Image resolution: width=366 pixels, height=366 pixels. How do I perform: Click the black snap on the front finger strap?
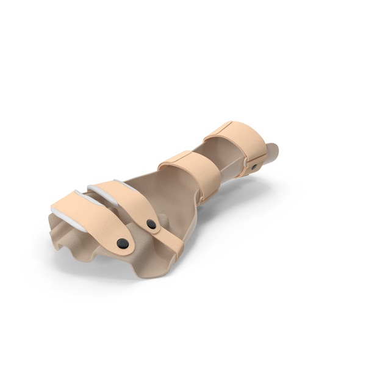tap(123, 243)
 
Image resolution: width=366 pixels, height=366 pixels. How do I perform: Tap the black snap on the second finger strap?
tap(151, 224)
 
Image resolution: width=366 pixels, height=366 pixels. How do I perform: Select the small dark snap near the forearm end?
tap(254, 167)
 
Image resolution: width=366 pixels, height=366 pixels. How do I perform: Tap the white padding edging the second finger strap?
tap(101, 194)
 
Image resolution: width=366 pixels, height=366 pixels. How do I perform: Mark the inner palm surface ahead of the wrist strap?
tap(152, 189)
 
